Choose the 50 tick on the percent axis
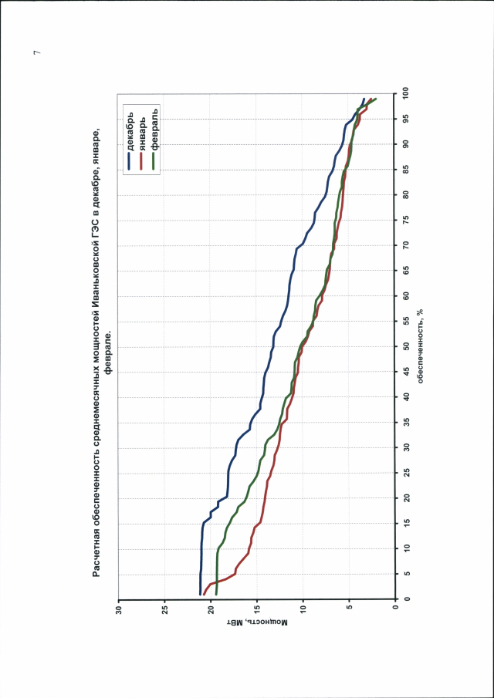(405, 346)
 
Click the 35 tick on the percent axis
(405, 422)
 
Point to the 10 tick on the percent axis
(405, 548)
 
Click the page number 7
(36, 52)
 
